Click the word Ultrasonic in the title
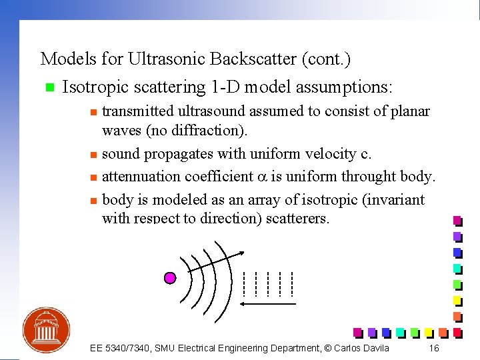(x=165, y=59)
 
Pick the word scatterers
(x=297, y=219)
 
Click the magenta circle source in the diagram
(x=170, y=277)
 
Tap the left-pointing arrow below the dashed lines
(x=267, y=304)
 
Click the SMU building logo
(x=46, y=329)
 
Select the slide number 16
(x=434, y=348)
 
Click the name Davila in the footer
(x=373, y=348)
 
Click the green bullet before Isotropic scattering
(x=47, y=88)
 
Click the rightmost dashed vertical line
(x=292, y=283)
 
